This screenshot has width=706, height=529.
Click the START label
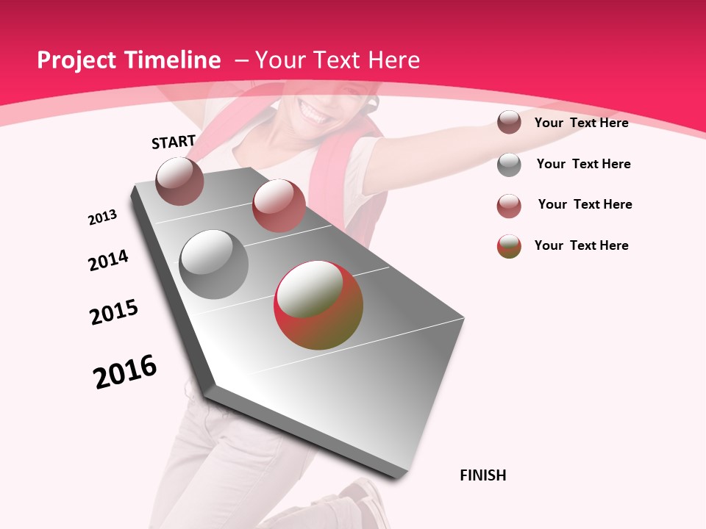point(174,142)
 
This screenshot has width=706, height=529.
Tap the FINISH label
point(482,475)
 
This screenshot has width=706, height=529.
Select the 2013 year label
point(102,217)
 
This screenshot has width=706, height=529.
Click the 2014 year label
point(108,260)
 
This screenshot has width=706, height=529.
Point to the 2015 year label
point(114,312)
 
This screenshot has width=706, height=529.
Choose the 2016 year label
point(125,372)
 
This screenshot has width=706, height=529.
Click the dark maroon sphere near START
point(179,181)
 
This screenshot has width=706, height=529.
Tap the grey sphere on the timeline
point(214,264)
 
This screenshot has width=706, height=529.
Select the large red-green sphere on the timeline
point(318,305)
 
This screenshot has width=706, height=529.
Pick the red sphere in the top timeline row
point(279,206)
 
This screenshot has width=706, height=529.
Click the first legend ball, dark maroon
point(509,123)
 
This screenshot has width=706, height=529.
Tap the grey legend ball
point(509,165)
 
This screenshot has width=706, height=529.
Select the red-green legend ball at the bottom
point(509,246)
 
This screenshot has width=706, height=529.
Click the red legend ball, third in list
point(509,206)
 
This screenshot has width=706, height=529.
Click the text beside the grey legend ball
point(583,164)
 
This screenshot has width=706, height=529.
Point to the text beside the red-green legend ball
point(581,245)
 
